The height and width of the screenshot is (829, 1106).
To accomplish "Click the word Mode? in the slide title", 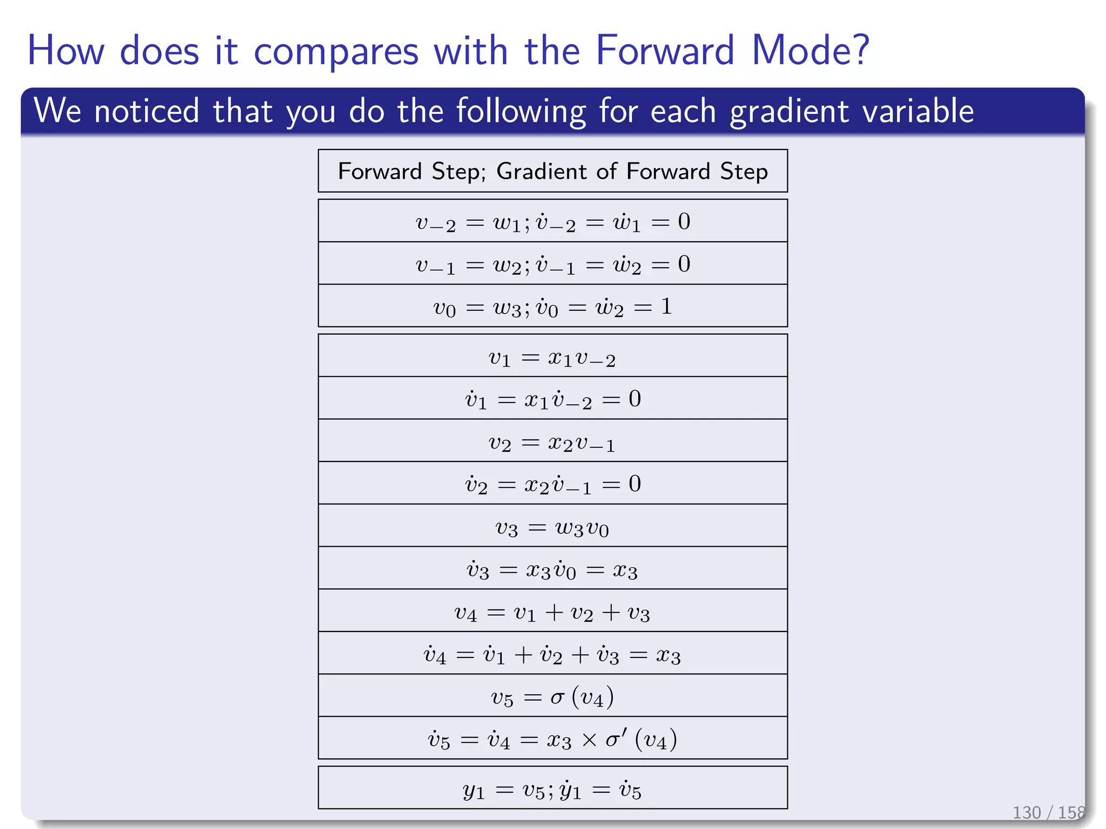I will click(x=810, y=50).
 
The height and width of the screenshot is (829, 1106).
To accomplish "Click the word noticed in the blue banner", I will click(x=147, y=111).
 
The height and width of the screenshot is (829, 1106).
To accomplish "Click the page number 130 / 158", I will click(x=1048, y=812).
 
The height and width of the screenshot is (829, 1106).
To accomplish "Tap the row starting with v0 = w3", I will click(x=552, y=307).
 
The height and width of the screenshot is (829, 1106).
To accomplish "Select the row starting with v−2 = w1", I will click(x=552, y=222).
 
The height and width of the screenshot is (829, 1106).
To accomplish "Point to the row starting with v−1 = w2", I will click(x=552, y=264).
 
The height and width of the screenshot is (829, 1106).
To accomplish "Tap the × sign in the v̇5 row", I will click(x=589, y=739).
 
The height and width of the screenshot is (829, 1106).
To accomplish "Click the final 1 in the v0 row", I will click(x=666, y=306).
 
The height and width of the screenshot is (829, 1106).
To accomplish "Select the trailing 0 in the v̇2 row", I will click(x=635, y=484).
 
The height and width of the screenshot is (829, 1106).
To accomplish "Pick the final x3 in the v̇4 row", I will click(x=668, y=655).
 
